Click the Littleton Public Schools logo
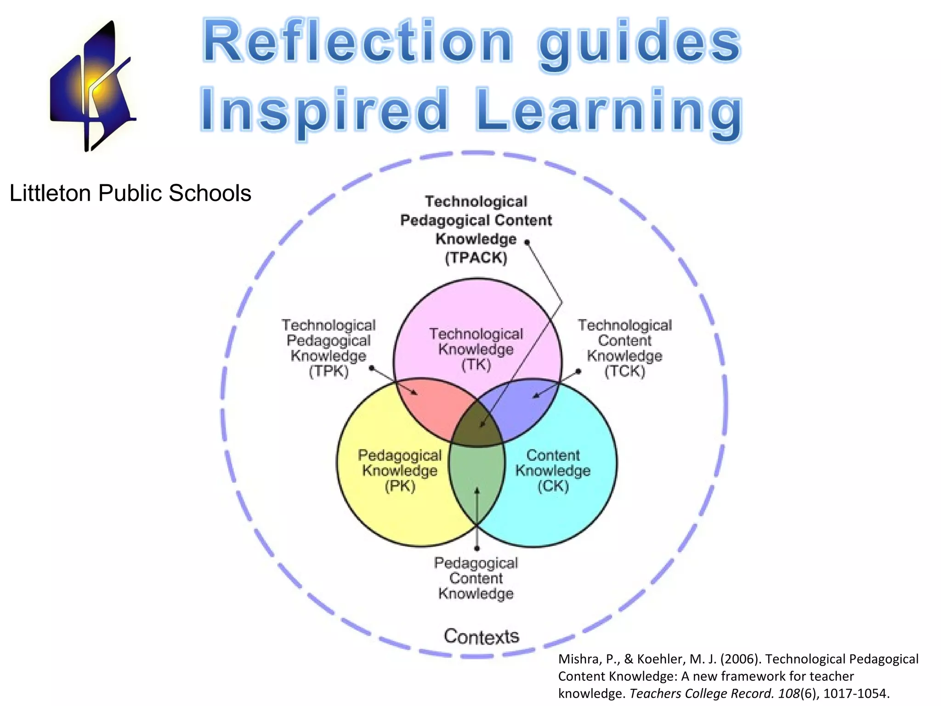click(92, 87)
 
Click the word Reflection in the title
click(357, 42)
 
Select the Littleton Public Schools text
click(130, 193)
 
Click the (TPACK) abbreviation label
click(476, 258)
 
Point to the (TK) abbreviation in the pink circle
click(476, 365)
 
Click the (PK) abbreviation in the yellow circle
click(400, 486)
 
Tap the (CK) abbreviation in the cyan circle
click(553, 486)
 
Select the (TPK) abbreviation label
click(329, 371)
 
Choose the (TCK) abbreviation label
click(624, 371)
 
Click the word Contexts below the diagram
click(481, 637)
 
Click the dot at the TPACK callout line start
click(527, 242)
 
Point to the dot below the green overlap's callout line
click(477, 548)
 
